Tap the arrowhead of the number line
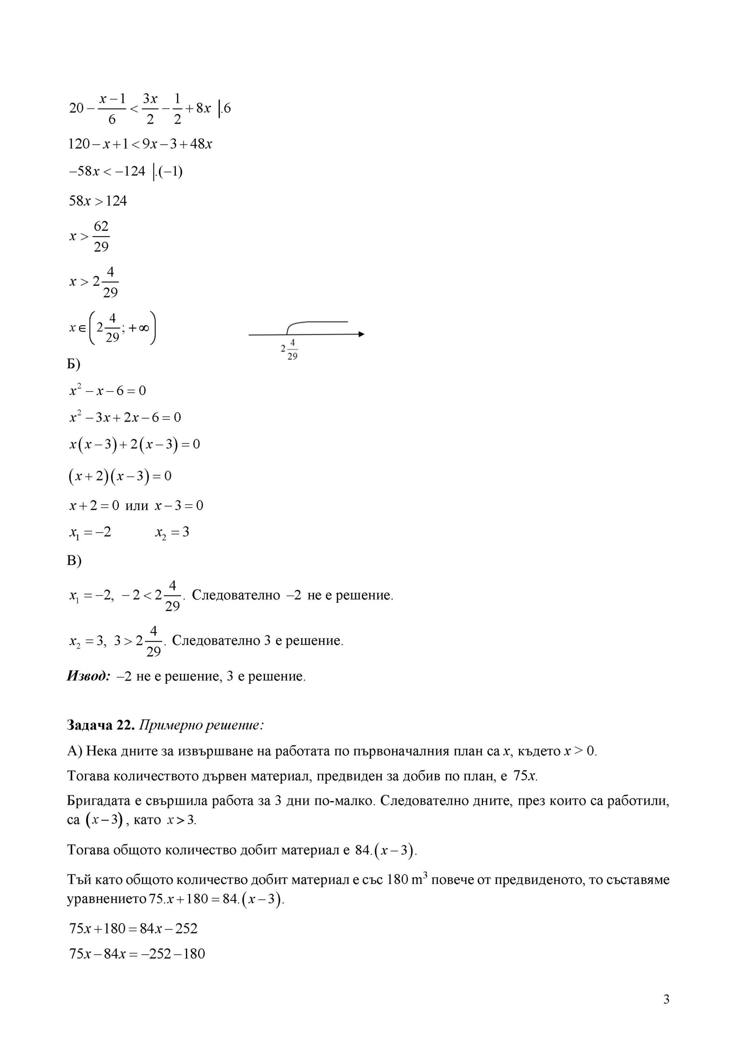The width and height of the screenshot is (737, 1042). coord(361,334)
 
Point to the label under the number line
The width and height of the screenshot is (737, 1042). coord(289,350)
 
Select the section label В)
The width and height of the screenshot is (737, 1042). coord(74,560)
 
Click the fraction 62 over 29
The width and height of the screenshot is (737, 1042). coord(101,236)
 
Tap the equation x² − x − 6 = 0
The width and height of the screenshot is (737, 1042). coord(107,391)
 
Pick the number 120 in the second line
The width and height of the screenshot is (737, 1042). coord(78,144)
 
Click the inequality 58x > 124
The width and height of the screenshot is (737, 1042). coord(98,201)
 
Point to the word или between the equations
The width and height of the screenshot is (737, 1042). coord(137,506)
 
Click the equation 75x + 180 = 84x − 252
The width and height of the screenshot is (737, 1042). coord(133,928)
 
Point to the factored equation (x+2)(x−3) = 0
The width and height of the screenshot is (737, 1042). coord(120,476)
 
